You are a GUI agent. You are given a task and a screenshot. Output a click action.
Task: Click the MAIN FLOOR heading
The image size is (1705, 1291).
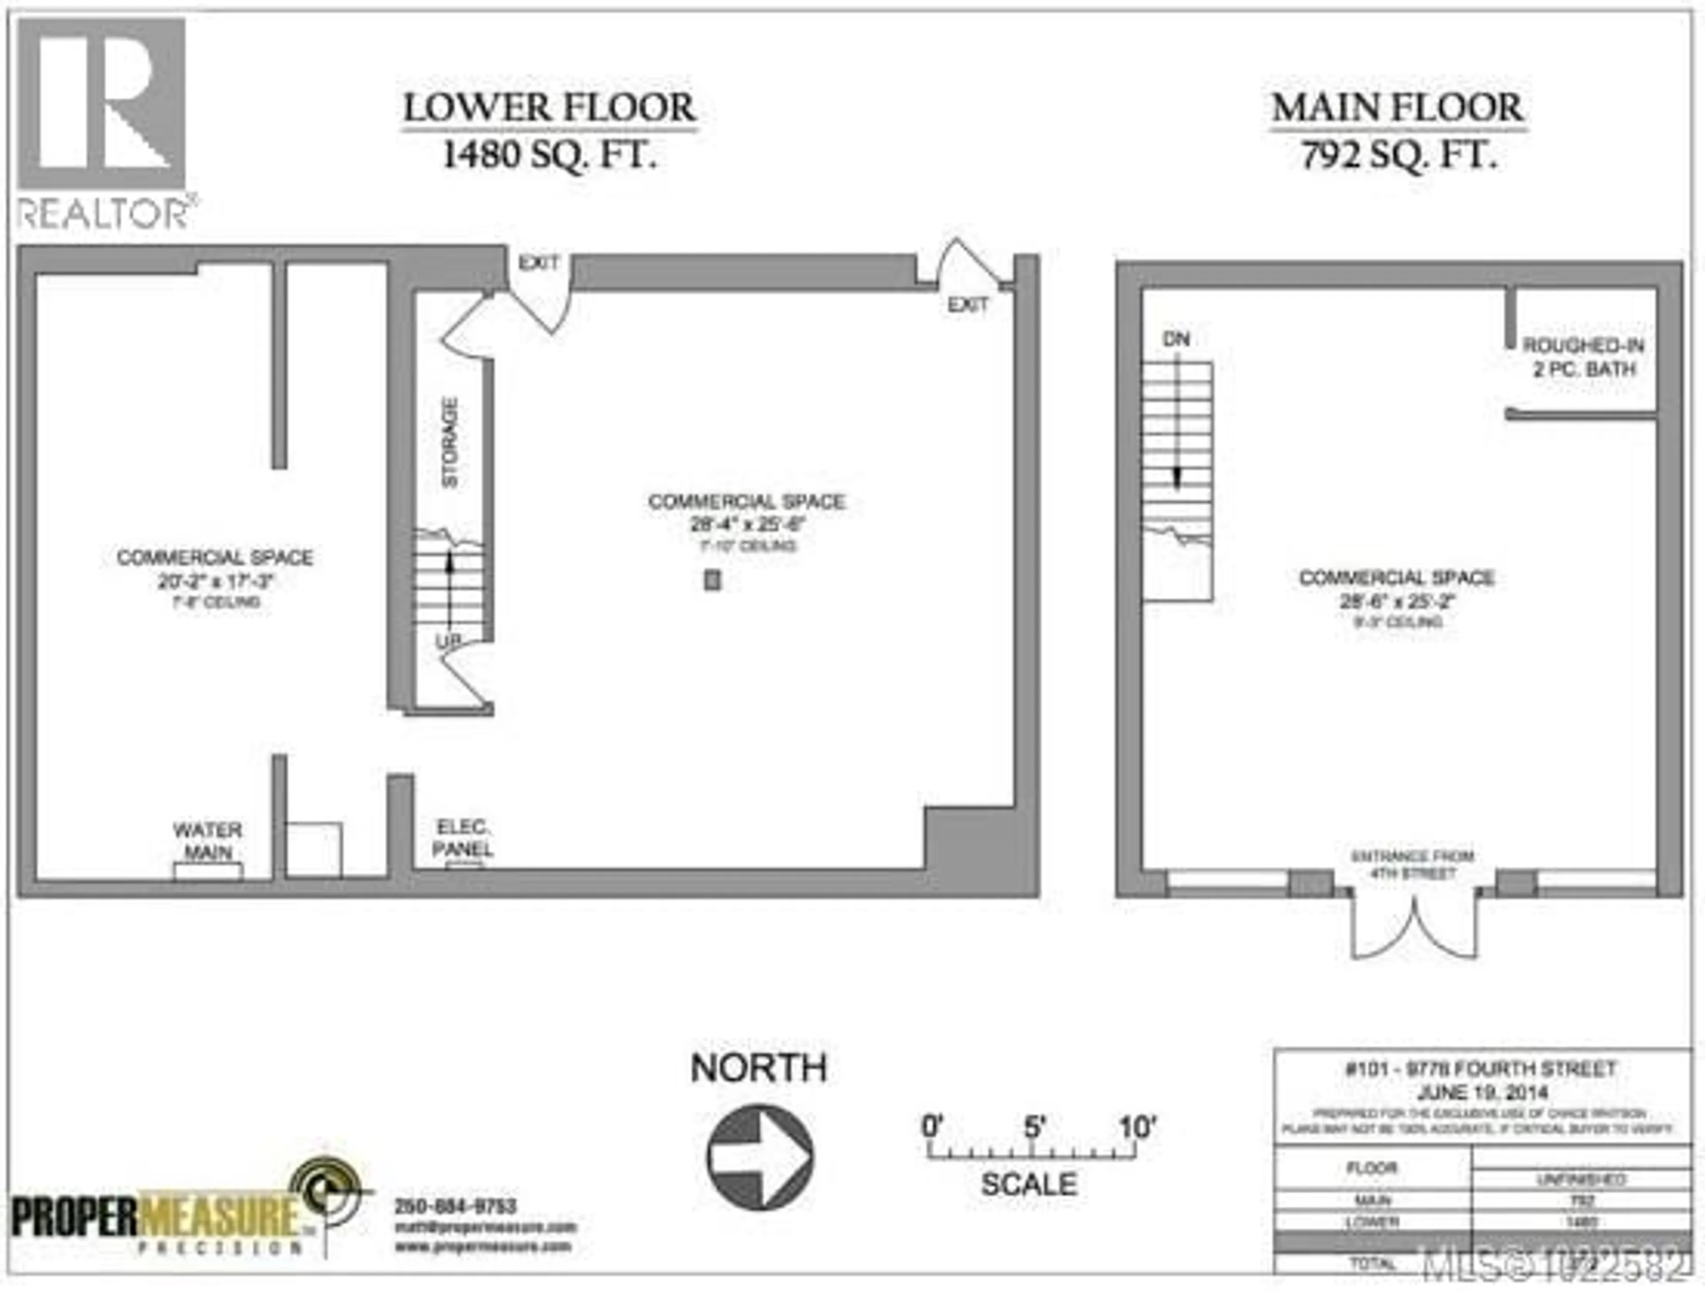tap(1397, 108)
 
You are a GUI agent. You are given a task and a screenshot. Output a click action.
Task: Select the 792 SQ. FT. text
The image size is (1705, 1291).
tap(1397, 156)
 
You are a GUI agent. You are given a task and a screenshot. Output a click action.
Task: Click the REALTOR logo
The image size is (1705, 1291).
tap(103, 123)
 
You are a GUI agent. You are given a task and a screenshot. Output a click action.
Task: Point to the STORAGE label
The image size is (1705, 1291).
tap(449, 443)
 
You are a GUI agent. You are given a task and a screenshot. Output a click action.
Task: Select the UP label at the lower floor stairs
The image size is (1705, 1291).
tap(448, 641)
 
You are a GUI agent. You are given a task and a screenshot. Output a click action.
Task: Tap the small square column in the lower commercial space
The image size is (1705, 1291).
tap(712, 580)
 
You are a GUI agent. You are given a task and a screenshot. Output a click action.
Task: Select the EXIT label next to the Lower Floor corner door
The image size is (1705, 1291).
tap(967, 305)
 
